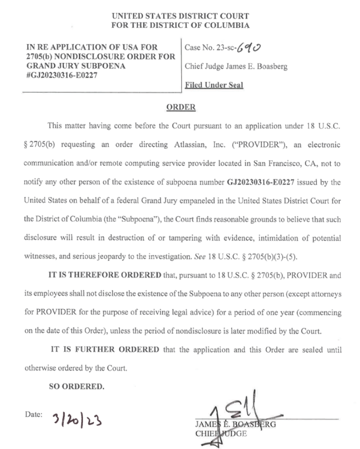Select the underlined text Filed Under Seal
[214, 85]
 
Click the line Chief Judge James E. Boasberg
[236, 67]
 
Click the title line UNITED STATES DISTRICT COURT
[180, 16]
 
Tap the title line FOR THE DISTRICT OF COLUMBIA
[180, 25]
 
